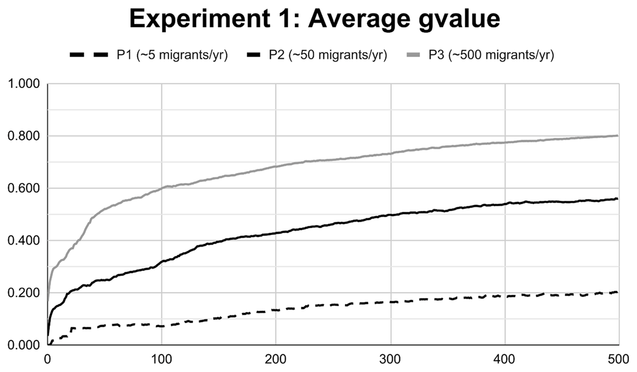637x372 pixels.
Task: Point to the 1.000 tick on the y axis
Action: click(x=25, y=84)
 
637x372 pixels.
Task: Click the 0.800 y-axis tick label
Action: click(x=25, y=136)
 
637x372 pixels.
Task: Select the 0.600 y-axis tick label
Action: click(x=25, y=188)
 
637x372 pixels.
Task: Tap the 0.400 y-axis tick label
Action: click(x=25, y=241)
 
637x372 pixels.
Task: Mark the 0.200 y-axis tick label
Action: click(x=25, y=293)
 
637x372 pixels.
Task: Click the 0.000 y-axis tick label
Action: click(x=25, y=345)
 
